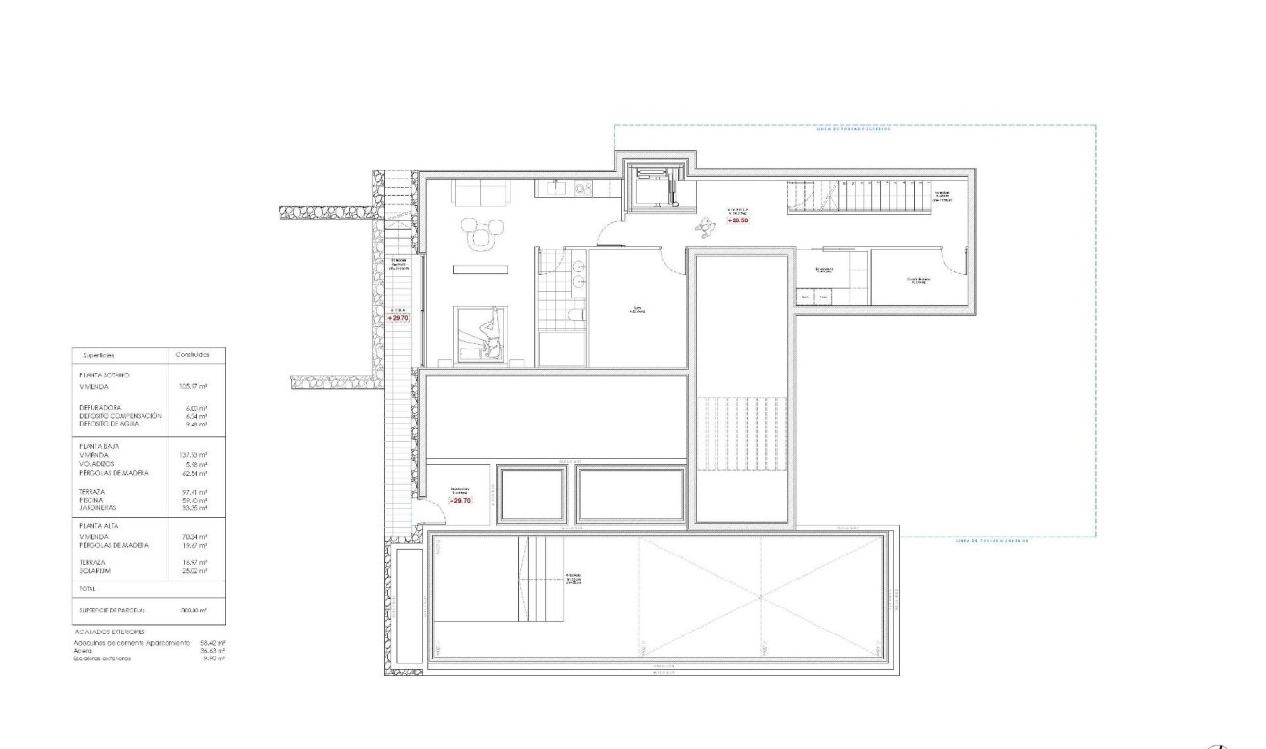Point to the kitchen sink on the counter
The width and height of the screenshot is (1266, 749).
point(556,189)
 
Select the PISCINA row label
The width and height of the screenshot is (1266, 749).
point(94,501)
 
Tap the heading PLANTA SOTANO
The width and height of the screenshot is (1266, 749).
point(104,374)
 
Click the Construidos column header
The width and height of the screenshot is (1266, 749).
point(193,355)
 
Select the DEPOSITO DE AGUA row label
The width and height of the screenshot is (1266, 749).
point(109,423)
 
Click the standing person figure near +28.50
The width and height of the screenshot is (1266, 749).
point(708,227)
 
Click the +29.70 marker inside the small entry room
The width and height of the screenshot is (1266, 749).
point(460,500)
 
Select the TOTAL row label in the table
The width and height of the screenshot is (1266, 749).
point(89,587)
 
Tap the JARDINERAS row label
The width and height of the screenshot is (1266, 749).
point(98,508)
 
